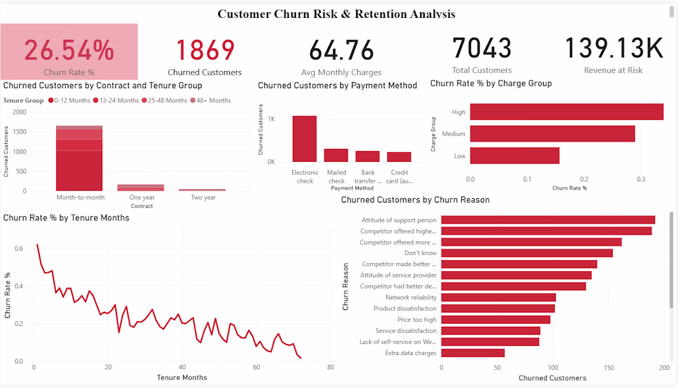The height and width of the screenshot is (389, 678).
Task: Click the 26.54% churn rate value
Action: point(69,50)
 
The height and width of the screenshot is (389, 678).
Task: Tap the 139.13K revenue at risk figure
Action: point(613,49)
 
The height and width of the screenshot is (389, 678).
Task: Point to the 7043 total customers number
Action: point(482,48)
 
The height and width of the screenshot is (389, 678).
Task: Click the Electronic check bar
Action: point(304,139)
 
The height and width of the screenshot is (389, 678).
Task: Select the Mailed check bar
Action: point(336,155)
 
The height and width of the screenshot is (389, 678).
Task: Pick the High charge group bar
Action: point(566,112)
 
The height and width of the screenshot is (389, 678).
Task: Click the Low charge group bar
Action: point(515,156)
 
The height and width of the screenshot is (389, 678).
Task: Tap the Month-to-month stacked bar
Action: point(80,158)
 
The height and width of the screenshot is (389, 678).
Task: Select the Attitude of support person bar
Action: point(548,220)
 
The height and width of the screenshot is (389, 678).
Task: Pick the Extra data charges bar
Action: point(473,353)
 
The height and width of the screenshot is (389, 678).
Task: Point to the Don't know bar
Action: point(527,253)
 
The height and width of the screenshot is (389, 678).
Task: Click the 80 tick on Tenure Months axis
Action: point(331,367)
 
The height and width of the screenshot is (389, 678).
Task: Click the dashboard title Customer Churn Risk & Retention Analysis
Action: point(337,14)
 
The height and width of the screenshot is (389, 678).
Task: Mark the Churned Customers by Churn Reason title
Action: point(415,200)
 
